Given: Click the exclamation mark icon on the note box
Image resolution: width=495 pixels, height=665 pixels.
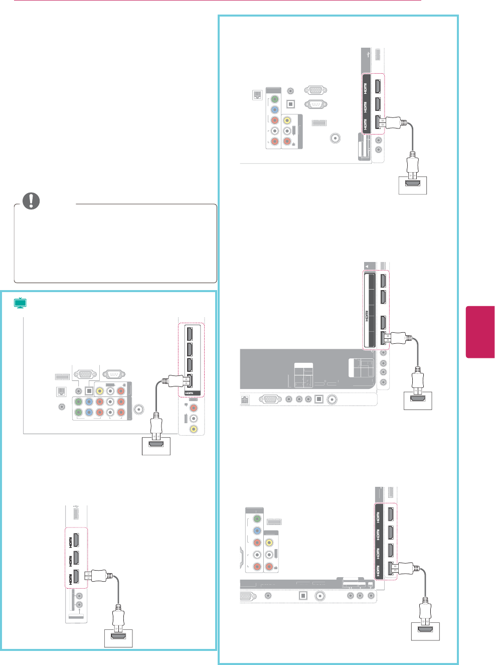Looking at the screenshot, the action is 31,201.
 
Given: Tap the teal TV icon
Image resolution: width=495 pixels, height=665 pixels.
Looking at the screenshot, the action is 20,303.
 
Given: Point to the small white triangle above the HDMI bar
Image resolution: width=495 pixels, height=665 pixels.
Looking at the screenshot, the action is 368,267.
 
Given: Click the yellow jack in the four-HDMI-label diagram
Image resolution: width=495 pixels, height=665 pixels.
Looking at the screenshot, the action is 269,543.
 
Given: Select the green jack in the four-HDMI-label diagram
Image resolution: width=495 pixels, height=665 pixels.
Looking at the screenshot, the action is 257,519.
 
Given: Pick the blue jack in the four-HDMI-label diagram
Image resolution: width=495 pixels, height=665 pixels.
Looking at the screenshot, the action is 257,530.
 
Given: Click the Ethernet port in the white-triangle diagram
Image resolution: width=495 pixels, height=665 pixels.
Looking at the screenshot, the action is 245,400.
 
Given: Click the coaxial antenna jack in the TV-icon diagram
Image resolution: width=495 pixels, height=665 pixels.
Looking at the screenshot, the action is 138,409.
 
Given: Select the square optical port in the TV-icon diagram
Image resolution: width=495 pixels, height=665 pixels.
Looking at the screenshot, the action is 89,390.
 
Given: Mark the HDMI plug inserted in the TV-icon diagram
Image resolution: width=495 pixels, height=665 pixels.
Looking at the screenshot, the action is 178,381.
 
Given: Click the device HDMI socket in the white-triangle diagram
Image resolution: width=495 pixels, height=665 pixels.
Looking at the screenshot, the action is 418,398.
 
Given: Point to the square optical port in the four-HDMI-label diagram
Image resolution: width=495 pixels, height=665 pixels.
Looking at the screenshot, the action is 303,596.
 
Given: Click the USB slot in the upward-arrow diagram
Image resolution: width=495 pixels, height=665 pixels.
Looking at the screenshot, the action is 76,513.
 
